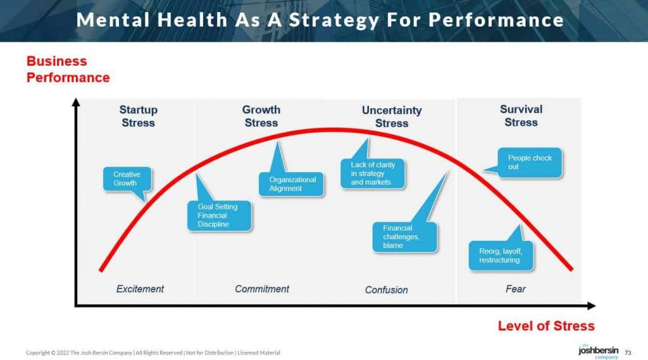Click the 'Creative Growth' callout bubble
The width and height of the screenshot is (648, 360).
127,179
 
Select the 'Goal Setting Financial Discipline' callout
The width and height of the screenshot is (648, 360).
219,215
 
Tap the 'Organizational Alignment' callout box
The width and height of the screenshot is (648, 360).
291,184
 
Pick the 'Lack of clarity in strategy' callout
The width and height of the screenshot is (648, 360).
372,173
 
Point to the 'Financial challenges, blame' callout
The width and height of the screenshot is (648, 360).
404,237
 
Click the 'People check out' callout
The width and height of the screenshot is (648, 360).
530,163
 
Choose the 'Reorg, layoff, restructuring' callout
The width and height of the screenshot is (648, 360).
501,256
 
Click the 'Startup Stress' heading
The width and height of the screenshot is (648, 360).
139,116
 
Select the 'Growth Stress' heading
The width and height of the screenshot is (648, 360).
261,116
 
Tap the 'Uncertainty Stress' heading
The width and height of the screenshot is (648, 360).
392,116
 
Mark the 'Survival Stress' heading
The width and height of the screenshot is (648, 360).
521,116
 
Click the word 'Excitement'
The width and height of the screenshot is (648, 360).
140,289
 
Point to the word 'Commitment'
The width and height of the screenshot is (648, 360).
262,289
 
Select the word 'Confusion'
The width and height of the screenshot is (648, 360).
387,290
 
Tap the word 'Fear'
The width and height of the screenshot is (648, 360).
516,289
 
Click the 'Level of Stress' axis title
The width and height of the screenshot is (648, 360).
546,326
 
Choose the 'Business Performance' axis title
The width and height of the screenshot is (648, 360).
68,69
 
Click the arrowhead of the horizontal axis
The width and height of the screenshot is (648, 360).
592,306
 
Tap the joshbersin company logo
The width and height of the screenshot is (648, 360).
599,351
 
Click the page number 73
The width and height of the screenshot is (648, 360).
628,352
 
